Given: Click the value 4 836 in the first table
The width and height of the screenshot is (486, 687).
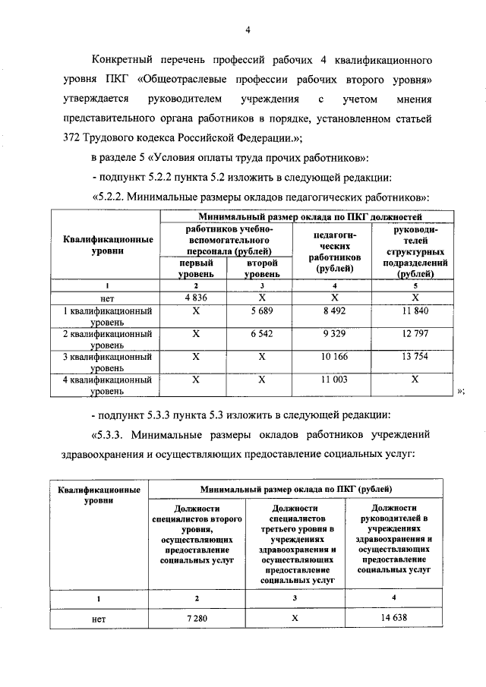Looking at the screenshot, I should [x=195, y=298].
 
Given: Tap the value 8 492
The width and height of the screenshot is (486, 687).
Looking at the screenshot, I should [x=334, y=311].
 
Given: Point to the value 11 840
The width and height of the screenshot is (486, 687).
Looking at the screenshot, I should [x=415, y=311].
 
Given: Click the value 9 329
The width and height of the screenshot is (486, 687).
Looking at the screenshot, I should [x=334, y=333].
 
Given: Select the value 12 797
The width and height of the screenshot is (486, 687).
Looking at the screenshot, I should [x=415, y=333].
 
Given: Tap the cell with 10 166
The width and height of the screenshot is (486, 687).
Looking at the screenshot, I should [x=334, y=356].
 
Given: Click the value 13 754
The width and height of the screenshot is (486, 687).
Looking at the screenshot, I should [x=415, y=356].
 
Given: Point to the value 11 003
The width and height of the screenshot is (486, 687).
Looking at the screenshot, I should [x=334, y=379].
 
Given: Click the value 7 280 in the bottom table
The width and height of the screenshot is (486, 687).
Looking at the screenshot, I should [x=196, y=619].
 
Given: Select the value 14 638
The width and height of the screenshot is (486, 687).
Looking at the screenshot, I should [x=393, y=619].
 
